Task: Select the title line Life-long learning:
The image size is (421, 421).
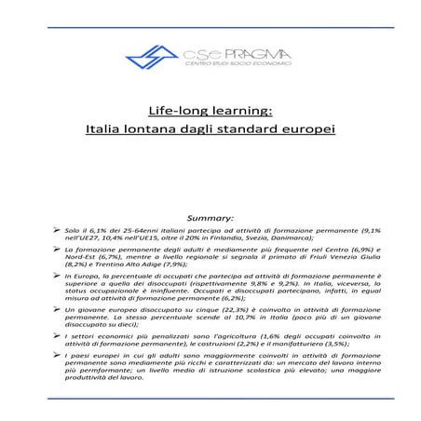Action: [210, 108]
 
